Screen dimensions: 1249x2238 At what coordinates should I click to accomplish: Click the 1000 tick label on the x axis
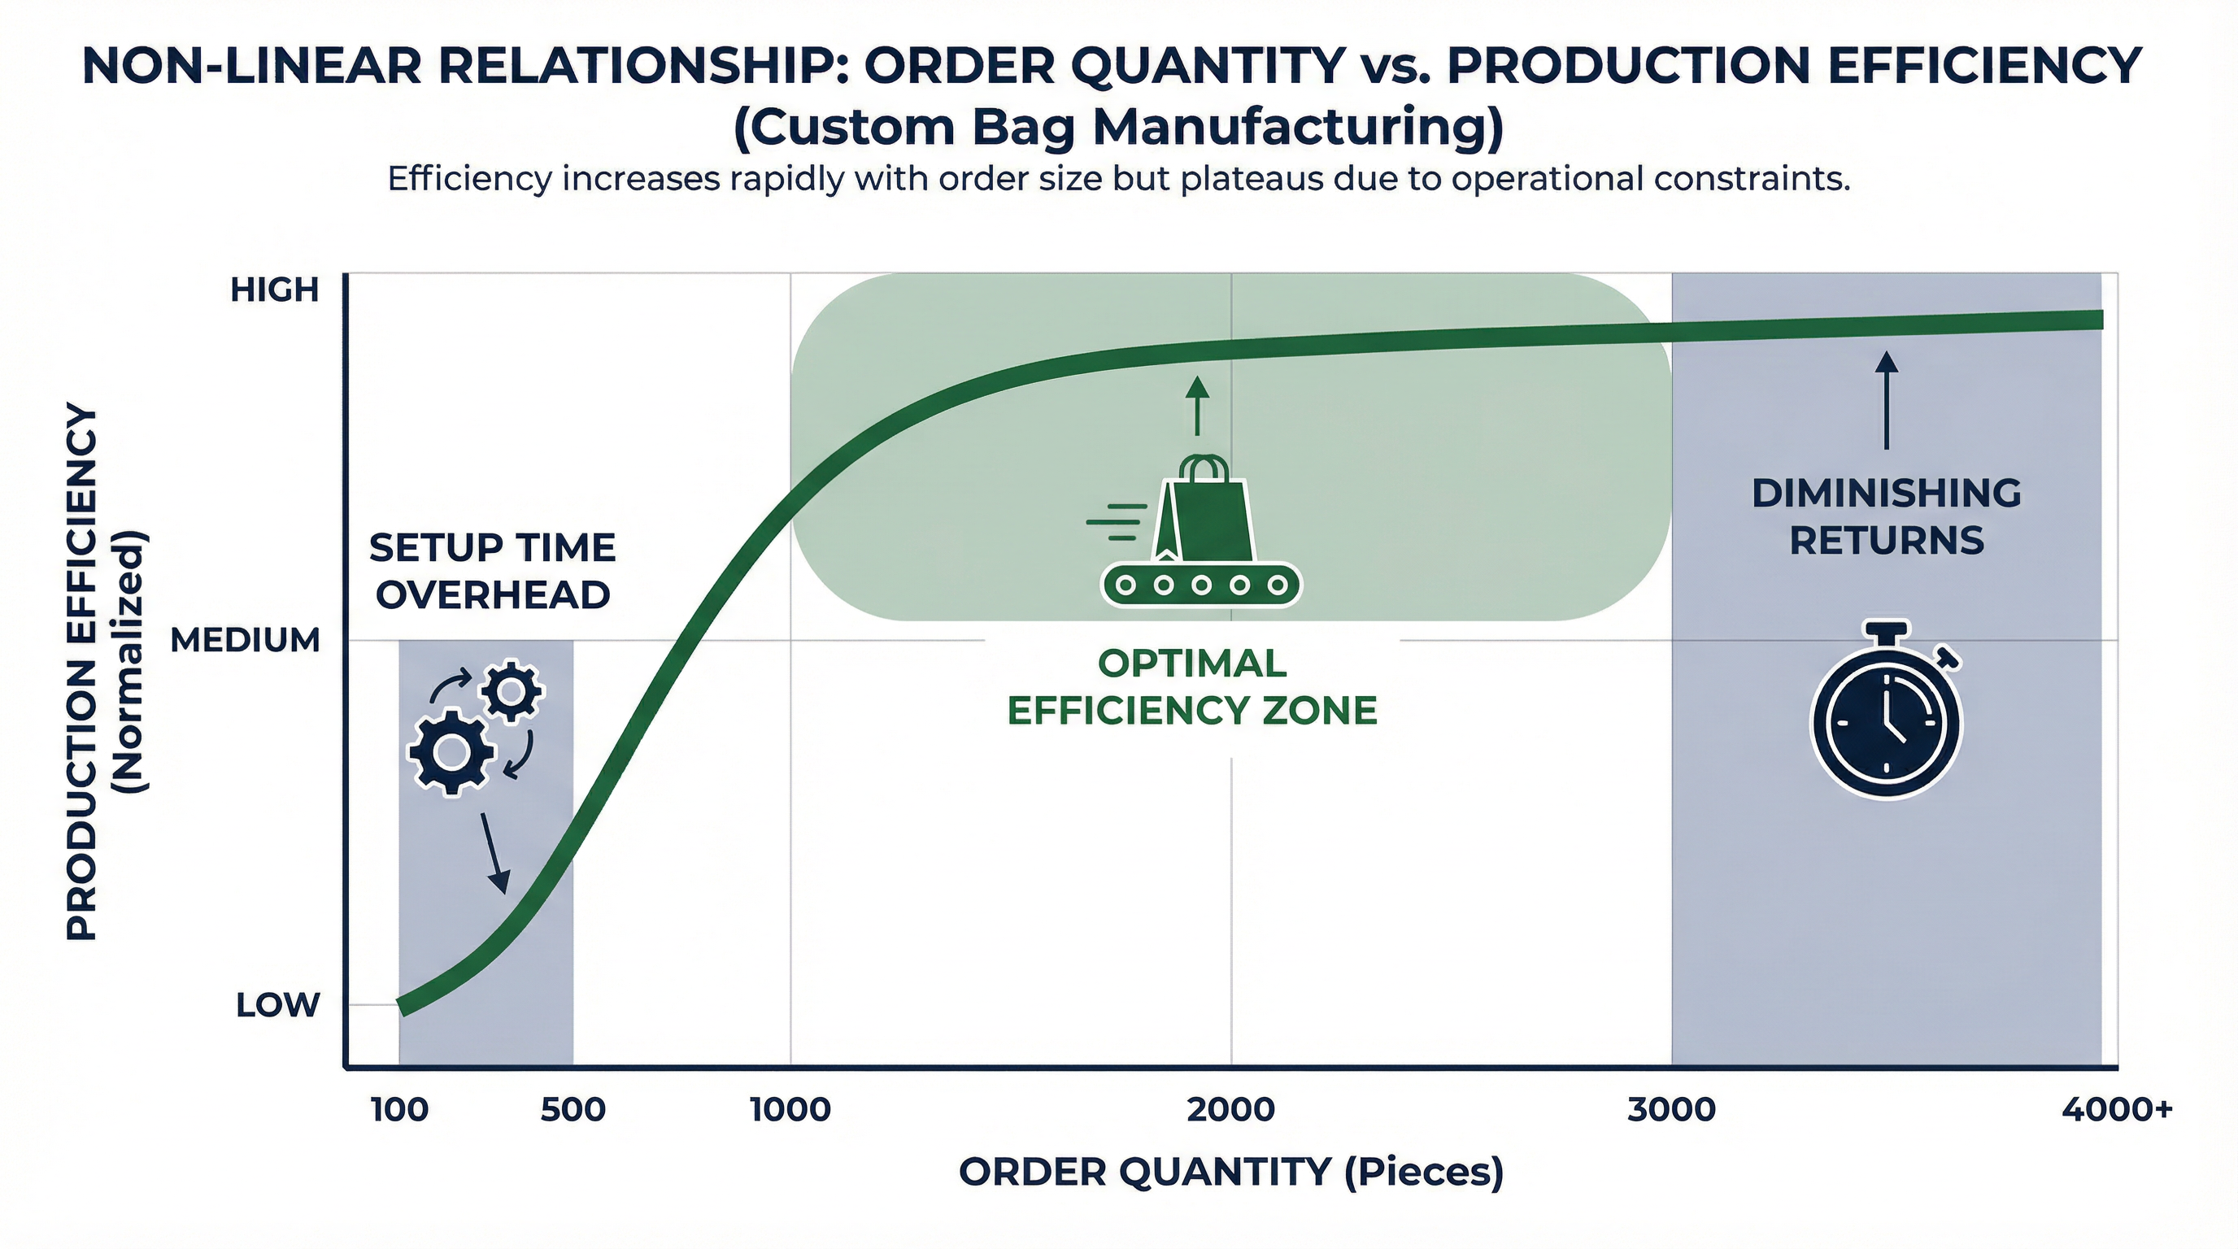pyautogui.click(x=790, y=1110)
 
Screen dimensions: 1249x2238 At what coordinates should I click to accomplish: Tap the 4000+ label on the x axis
pyautogui.click(x=2116, y=1110)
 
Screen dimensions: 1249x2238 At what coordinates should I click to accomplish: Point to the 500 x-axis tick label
pyautogui.click(x=573, y=1110)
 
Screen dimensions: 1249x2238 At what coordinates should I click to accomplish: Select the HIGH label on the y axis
pyautogui.click(x=275, y=290)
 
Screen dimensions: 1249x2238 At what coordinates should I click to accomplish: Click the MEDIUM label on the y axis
pyautogui.click(x=245, y=641)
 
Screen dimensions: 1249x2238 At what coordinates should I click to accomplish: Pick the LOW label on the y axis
pyautogui.click(x=277, y=1006)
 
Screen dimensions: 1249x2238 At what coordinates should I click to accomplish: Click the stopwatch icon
pyautogui.click(x=1886, y=714)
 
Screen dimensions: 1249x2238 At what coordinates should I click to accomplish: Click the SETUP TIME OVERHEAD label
pyautogui.click(x=493, y=572)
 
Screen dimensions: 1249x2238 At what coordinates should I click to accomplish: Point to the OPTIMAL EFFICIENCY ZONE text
pyautogui.click(x=1192, y=687)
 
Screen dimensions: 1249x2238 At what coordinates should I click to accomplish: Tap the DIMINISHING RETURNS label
pyautogui.click(x=1886, y=517)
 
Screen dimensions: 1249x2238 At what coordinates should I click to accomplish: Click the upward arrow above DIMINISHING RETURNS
pyautogui.click(x=1886, y=399)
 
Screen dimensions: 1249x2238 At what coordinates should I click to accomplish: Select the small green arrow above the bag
pyautogui.click(x=1197, y=407)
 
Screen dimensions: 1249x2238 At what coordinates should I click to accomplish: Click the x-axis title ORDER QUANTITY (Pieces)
pyautogui.click(x=1230, y=1173)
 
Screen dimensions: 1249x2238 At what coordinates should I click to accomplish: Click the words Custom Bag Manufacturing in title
pyautogui.click(x=1119, y=128)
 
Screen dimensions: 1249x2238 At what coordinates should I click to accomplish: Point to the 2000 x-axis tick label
pyautogui.click(x=1230, y=1110)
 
